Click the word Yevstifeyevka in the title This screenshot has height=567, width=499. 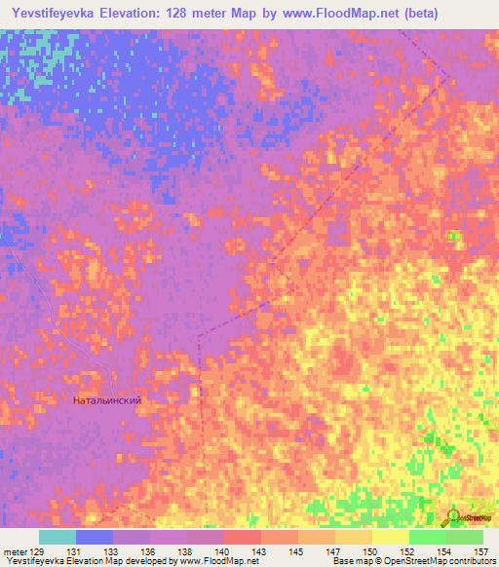coord(56,14)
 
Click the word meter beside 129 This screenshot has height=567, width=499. coord(17,552)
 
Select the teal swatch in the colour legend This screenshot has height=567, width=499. coord(58,537)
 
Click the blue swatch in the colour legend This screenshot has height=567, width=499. coord(95,537)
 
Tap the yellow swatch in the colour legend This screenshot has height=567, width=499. coord(391,537)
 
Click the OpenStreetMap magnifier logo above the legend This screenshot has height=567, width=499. coord(455,517)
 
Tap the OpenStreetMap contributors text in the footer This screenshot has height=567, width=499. coord(447,562)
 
